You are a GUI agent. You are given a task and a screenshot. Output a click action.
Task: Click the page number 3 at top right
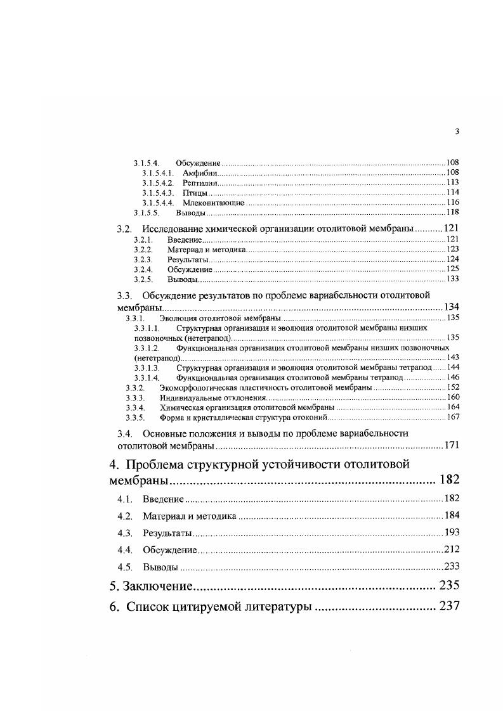coord(457,131)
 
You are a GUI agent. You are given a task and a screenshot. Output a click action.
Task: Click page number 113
coord(452,183)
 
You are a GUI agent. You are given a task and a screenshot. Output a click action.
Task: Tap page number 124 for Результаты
coord(452,259)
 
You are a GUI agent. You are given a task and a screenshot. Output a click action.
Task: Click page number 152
coord(452,387)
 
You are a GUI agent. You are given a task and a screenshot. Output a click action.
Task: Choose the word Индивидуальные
coord(188,397)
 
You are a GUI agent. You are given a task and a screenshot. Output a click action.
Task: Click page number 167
coord(452,417)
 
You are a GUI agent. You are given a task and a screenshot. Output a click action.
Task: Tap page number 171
coord(451,445)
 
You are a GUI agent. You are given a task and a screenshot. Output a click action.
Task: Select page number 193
coord(451,532)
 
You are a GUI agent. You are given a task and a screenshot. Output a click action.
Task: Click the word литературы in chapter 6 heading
coord(275,606)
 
